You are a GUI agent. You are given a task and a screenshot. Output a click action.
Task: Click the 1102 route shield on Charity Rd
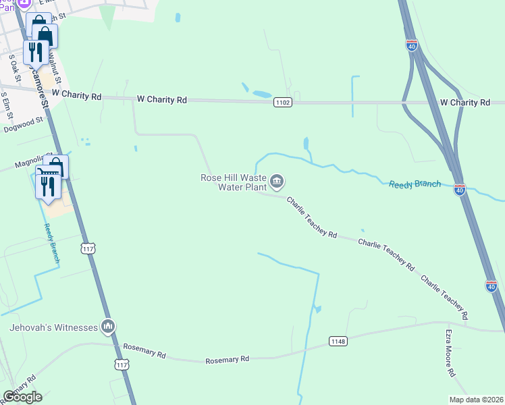[283, 102]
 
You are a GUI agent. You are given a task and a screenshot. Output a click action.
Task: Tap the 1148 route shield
[338, 342]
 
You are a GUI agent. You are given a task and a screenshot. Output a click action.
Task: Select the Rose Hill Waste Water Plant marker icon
[277, 181]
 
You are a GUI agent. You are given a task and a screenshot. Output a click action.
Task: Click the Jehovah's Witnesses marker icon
[107, 327]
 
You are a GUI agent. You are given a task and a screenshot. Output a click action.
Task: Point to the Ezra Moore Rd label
[450, 353]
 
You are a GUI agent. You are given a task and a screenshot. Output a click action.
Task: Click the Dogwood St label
[23, 124]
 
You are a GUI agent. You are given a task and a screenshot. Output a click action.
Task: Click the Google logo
[22, 397]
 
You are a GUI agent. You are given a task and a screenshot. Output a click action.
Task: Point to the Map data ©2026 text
[476, 400]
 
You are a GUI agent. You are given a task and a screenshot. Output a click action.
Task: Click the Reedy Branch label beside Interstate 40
[415, 184]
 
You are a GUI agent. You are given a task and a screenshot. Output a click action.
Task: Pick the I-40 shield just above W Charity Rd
[412, 45]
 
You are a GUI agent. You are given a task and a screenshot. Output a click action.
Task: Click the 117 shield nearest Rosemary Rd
[122, 364]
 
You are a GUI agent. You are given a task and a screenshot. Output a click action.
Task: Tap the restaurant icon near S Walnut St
[35, 52]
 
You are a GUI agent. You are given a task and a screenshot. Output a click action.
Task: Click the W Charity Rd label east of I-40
[464, 102]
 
